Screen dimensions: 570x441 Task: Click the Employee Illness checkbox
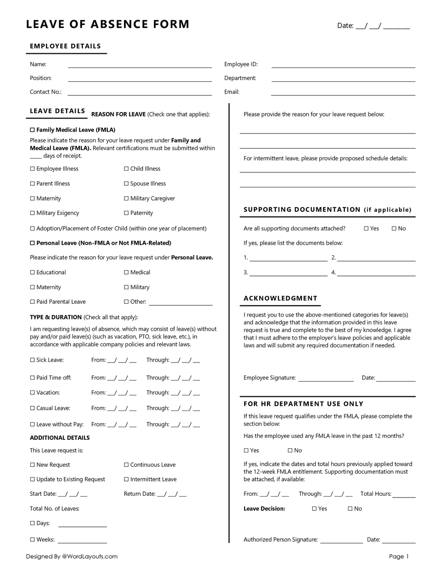(32, 169)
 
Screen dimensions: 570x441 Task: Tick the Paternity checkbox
(126, 213)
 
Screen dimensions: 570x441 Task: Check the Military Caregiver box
(126, 199)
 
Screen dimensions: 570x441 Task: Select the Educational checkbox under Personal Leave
(32, 273)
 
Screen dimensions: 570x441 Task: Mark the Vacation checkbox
(32, 393)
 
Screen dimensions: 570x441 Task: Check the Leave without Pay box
(32, 425)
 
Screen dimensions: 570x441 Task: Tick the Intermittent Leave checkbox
(126, 479)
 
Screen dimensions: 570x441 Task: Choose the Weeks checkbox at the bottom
(32, 540)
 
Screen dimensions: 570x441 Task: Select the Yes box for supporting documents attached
(366, 228)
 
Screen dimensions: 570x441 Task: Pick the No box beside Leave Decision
(350, 509)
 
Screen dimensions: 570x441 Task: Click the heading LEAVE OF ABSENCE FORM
(108, 24)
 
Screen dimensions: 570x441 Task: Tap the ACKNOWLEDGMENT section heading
(280, 298)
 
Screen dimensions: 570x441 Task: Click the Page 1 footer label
(399, 556)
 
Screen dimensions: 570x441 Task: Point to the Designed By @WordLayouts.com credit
(72, 556)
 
